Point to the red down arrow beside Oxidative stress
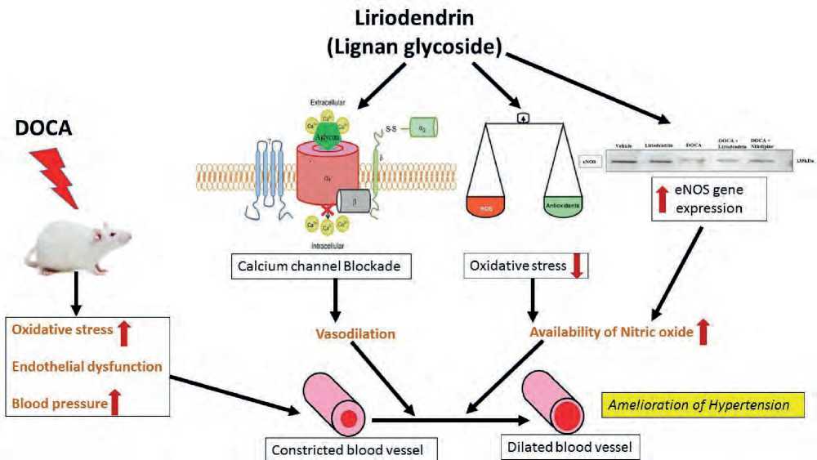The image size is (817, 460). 578,267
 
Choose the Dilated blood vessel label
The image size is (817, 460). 569,446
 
